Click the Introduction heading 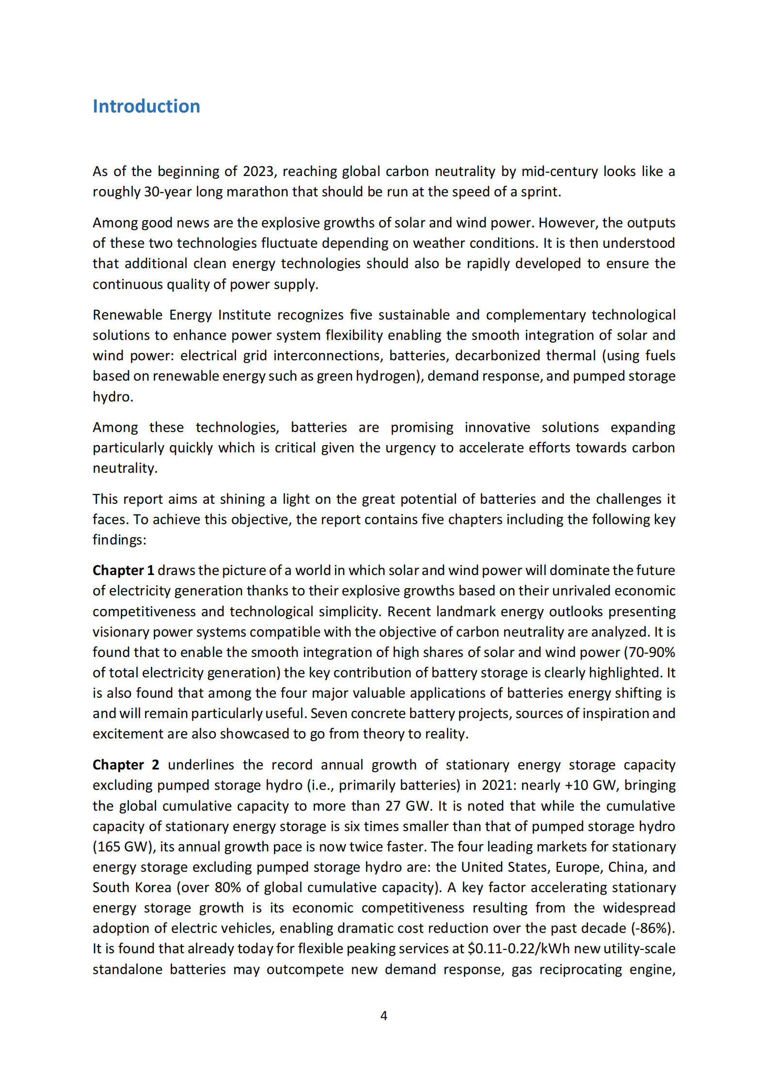(146, 106)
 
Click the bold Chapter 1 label (123, 570)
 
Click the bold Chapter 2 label (126, 765)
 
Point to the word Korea (153, 887)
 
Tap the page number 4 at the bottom (384, 1015)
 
